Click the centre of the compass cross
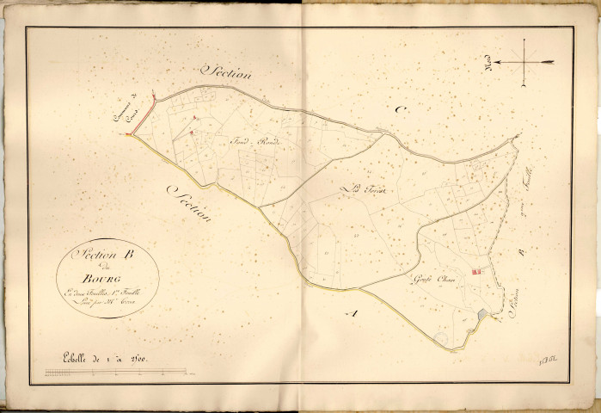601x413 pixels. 524,63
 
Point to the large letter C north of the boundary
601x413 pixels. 398,109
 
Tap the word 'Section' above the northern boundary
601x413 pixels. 225,73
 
